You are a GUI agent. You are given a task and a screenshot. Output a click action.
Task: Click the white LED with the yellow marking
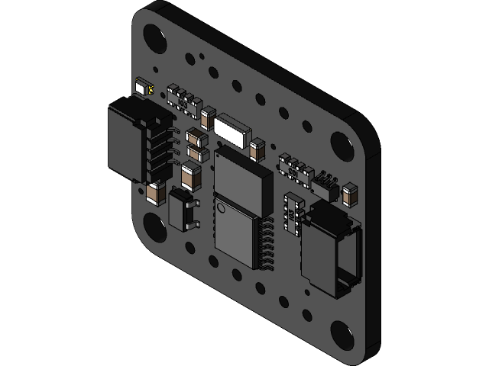pyautogui.click(x=141, y=87)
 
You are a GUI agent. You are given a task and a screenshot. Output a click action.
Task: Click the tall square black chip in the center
pyautogui.click(x=242, y=181)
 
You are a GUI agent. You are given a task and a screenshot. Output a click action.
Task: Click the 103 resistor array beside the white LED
pyautogui.click(x=184, y=98)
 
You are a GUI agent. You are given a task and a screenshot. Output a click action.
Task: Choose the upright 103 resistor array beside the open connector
pyautogui.click(x=294, y=213)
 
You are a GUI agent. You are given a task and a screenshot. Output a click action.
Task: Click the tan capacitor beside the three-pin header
pyautogui.click(x=351, y=195)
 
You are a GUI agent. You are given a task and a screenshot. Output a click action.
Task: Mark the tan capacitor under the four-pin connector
pyautogui.click(x=157, y=193)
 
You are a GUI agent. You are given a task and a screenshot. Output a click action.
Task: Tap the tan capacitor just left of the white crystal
pyautogui.click(x=206, y=118)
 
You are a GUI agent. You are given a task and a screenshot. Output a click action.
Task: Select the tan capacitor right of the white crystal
pyautogui.click(x=257, y=150)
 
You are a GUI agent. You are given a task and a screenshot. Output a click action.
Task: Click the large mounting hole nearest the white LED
pyautogui.click(x=154, y=37)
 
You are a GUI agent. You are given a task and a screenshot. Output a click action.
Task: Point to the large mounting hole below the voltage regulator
pyautogui.click(x=155, y=227)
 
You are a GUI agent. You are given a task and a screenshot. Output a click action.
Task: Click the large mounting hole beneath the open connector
pyautogui.click(x=342, y=334)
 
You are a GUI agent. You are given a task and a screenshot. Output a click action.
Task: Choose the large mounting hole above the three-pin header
pyautogui.click(x=341, y=143)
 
